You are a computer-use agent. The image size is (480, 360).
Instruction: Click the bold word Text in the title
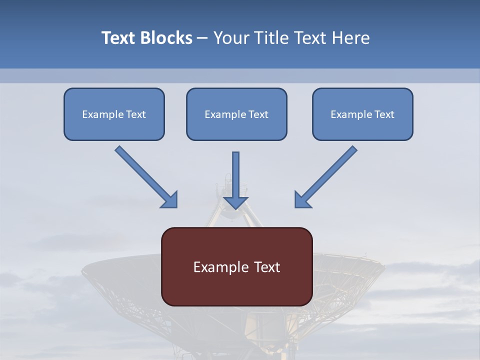(x=118, y=38)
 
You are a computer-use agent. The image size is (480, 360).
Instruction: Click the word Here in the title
(x=351, y=38)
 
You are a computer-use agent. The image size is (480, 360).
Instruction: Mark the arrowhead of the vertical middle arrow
(x=235, y=202)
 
